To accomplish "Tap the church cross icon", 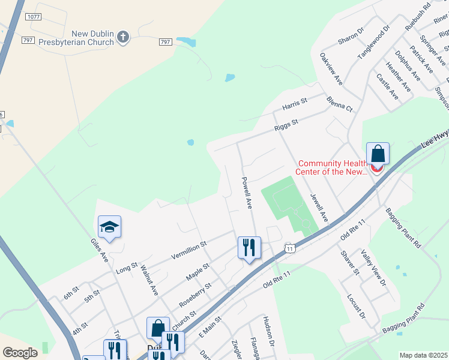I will (122, 38).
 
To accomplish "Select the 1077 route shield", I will (34, 17).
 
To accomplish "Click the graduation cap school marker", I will (110, 227).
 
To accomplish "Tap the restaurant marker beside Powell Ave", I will (249, 247).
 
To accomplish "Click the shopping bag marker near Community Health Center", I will (378, 154).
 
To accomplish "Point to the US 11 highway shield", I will (290, 248).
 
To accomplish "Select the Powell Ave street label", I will (247, 193).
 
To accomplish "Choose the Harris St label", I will (295, 104).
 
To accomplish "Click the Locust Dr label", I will (356, 305).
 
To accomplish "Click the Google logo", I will (20, 353).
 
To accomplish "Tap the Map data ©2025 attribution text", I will (423, 355).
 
